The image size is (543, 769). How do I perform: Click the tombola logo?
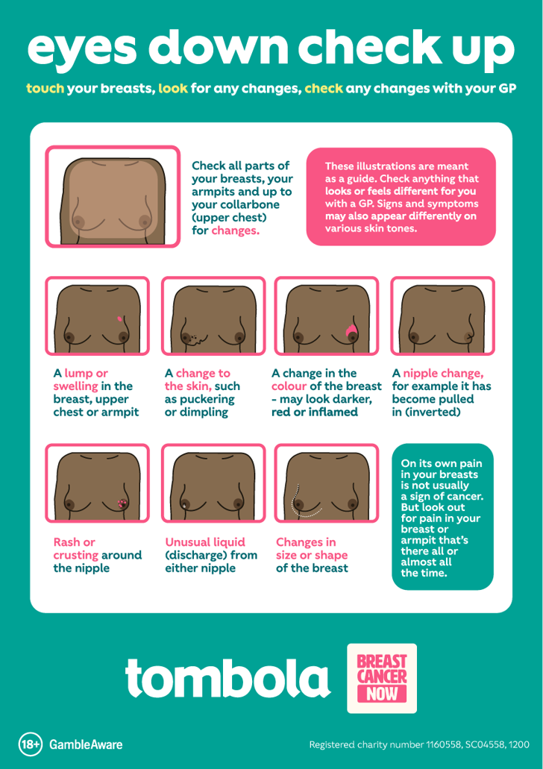(x=227, y=677)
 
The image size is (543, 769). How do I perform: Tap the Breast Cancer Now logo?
(x=382, y=678)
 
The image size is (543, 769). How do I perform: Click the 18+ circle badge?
(x=31, y=744)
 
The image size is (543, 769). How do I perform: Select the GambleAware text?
(x=86, y=744)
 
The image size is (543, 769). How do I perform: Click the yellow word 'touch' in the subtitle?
(x=45, y=88)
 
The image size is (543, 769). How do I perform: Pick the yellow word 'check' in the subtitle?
(x=324, y=88)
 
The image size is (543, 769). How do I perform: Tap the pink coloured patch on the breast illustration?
(x=350, y=330)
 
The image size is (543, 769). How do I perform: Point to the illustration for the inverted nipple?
(x=442, y=316)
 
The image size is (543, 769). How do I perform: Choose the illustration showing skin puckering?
(x=213, y=316)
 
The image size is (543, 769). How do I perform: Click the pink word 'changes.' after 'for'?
(x=235, y=231)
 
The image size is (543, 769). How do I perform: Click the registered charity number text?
(x=419, y=744)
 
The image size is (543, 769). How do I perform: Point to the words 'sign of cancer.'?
(x=442, y=496)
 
